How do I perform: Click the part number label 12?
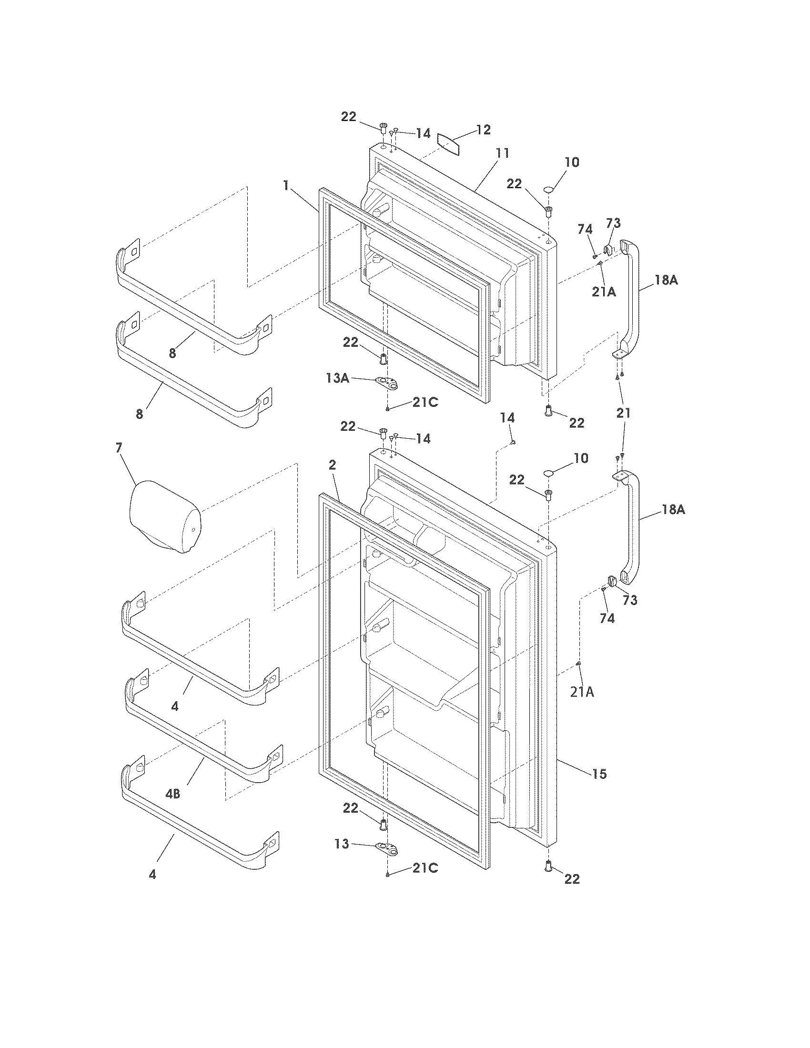pyautogui.click(x=484, y=130)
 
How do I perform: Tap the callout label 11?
pyautogui.click(x=502, y=153)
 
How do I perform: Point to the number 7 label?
pyautogui.click(x=119, y=448)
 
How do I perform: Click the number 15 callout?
pyautogui.click(x=600, y=774)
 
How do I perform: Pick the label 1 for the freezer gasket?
pyautogui.click(x=286, y=185)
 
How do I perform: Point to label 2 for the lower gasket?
pyautogui.click(x=332, y=464)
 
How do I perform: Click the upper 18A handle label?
pyautogui.click(x=666, y=281)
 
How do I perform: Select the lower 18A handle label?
pyautogui.click(x=673, y=510)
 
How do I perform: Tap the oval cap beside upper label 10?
pyautogui.click(x=549, y=191)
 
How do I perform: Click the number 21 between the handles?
pyautogui.click(x=623, y=413)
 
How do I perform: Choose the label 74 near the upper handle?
pyautogui.click(x=585, y=230)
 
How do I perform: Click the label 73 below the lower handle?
pyautogui.click(x=630, y=600)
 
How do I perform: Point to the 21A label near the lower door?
pyautogui.click(x=582, y=692)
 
